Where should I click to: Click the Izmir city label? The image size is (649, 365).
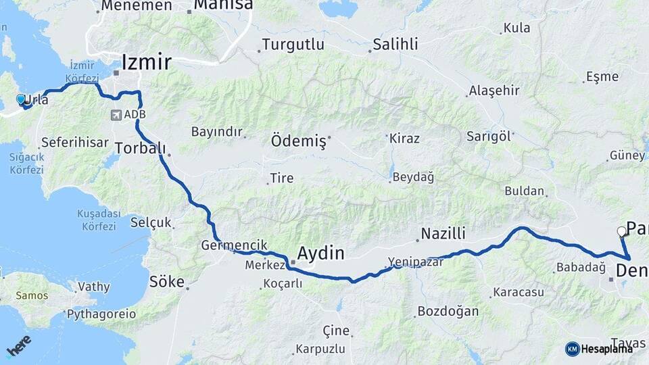coord(146,62)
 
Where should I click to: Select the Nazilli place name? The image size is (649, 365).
coord(443,234)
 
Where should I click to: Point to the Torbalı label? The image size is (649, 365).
coord(141,147)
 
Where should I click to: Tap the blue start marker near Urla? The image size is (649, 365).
coord(21,99)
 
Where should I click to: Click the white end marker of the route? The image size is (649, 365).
coord(621,231)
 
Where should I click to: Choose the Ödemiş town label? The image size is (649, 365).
coord(298,142)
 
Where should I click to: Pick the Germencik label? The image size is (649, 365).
coord(235,245)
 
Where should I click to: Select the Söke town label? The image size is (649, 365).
coord(167,281)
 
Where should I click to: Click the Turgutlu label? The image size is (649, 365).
coord(293,45)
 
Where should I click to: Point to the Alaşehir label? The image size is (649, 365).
coord(494,90)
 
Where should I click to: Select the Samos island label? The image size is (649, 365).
coord(32,295)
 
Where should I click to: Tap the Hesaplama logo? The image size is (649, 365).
coord(599,349)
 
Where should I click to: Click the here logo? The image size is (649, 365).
coord(19,346)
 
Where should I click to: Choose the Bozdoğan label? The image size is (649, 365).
coord(448,312)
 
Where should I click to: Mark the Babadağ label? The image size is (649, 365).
coord(581,268)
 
